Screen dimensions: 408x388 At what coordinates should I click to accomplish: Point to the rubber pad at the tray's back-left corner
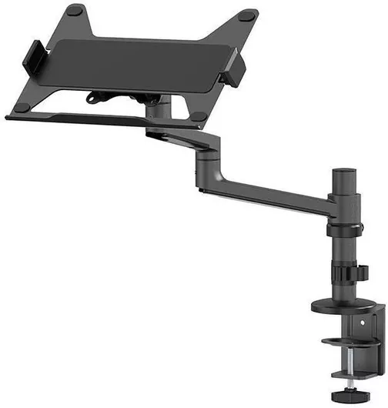point(75,10)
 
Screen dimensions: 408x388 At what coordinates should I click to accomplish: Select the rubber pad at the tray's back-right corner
point(246,15)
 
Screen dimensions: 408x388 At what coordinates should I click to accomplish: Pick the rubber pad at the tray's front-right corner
point(198,116)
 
